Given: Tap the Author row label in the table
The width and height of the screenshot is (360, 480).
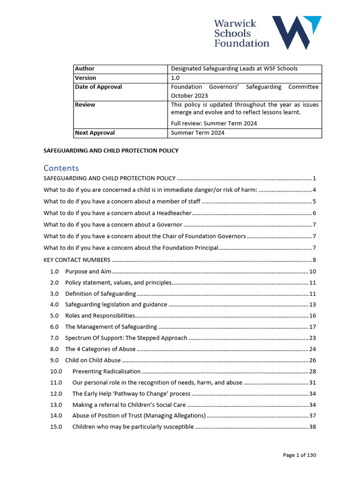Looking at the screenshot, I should pyautogui.click(x=85, y=68).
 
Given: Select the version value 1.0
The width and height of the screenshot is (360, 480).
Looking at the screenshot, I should pyautogui.click(x=176, y=78).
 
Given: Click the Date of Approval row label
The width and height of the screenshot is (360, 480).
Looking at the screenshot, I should pyautogui.click(x=98, y=87).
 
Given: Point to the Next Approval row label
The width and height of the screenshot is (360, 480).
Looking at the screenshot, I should pyautogui.click(x=95, y=133).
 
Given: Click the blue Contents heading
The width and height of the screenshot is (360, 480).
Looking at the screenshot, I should pyautogui.click(x=61, y=168).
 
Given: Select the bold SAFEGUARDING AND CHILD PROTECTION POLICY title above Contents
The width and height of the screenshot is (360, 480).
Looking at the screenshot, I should pyautogui.click(x=111, y=150).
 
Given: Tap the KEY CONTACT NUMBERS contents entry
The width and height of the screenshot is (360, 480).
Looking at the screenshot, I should pyautogui.click(x=77, y=260).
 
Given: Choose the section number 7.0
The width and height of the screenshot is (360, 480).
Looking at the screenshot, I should pyautogui.click(x=54, y=338).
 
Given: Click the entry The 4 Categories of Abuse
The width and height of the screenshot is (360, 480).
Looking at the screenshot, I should pyautogui.click(x=100, y=349).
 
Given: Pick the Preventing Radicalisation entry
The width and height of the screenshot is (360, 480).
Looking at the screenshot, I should pyautogui.click(x=106, y=371).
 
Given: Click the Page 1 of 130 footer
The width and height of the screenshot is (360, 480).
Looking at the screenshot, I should pyautogui.click(x=303, y=455).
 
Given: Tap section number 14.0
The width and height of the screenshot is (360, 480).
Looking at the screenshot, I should pyautogui.click(x=56, y=416).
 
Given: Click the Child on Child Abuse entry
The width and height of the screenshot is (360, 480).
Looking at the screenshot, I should pyautogui.click(x=93, y=360).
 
